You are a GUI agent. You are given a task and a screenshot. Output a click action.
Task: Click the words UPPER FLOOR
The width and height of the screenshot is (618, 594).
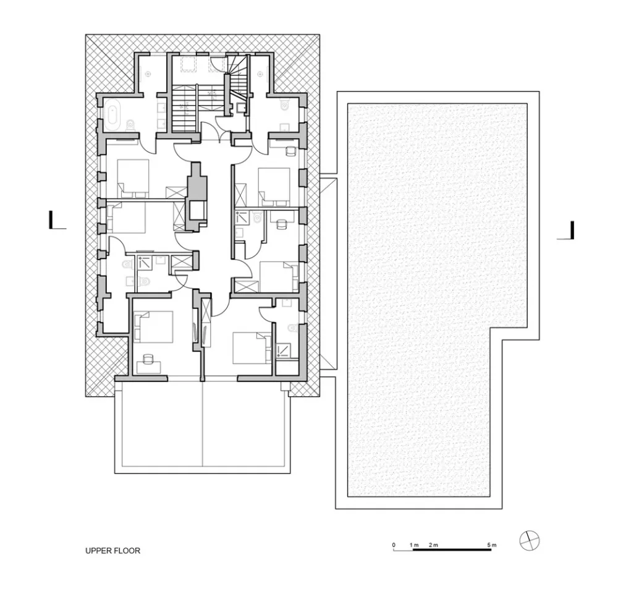pos(112,550)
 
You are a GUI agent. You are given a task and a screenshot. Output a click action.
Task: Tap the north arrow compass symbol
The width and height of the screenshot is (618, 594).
pos(530,540)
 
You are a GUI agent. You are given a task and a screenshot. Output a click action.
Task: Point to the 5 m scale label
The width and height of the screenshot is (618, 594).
pos(491,545)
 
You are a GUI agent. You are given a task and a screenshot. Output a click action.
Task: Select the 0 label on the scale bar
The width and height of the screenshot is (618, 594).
pos(394,545)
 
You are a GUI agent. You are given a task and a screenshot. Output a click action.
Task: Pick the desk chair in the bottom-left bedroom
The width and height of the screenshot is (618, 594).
pos(148,359)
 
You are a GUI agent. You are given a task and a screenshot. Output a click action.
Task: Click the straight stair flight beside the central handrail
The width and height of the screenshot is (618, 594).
pos(183,108)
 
